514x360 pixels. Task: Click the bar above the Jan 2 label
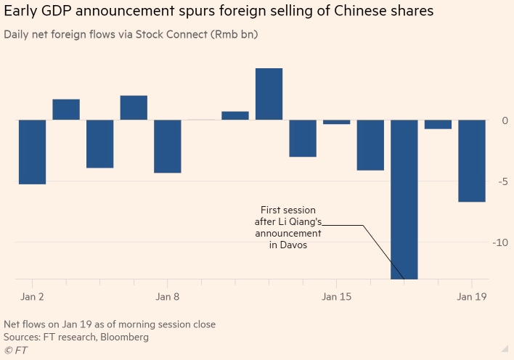pos(33,152)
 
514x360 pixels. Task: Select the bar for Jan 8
pos(168,146)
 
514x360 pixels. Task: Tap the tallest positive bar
pos(269,94)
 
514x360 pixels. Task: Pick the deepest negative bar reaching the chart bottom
pos(404,199)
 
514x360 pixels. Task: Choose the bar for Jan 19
pos(472,160)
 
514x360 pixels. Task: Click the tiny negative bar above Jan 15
pos(337,122)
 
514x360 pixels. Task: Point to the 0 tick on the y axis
pos(505,120)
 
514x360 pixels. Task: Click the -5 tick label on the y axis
pos(502,181)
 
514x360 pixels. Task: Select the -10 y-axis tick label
pos(500,242)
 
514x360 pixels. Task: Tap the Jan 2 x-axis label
pos(31,297)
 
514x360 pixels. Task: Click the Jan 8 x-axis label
pos(168,297)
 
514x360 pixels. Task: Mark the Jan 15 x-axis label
pos(337,297)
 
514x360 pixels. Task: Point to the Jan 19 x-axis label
pos(472,297)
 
